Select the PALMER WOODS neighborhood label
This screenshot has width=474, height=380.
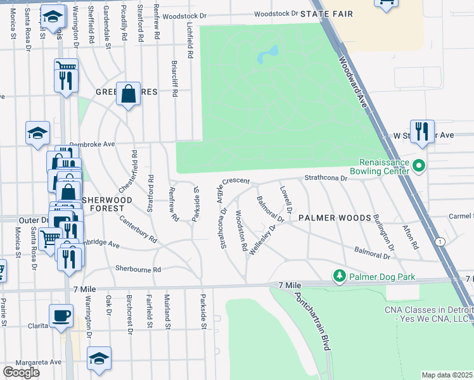335,218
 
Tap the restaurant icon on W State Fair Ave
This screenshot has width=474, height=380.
422,131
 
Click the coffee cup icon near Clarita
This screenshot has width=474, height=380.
61,315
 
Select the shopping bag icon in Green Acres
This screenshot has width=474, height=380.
128,94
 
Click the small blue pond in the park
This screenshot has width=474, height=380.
267,55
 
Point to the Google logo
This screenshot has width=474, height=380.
21,372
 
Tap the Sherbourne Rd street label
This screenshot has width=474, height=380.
138,269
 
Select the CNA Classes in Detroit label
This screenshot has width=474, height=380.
428,314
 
